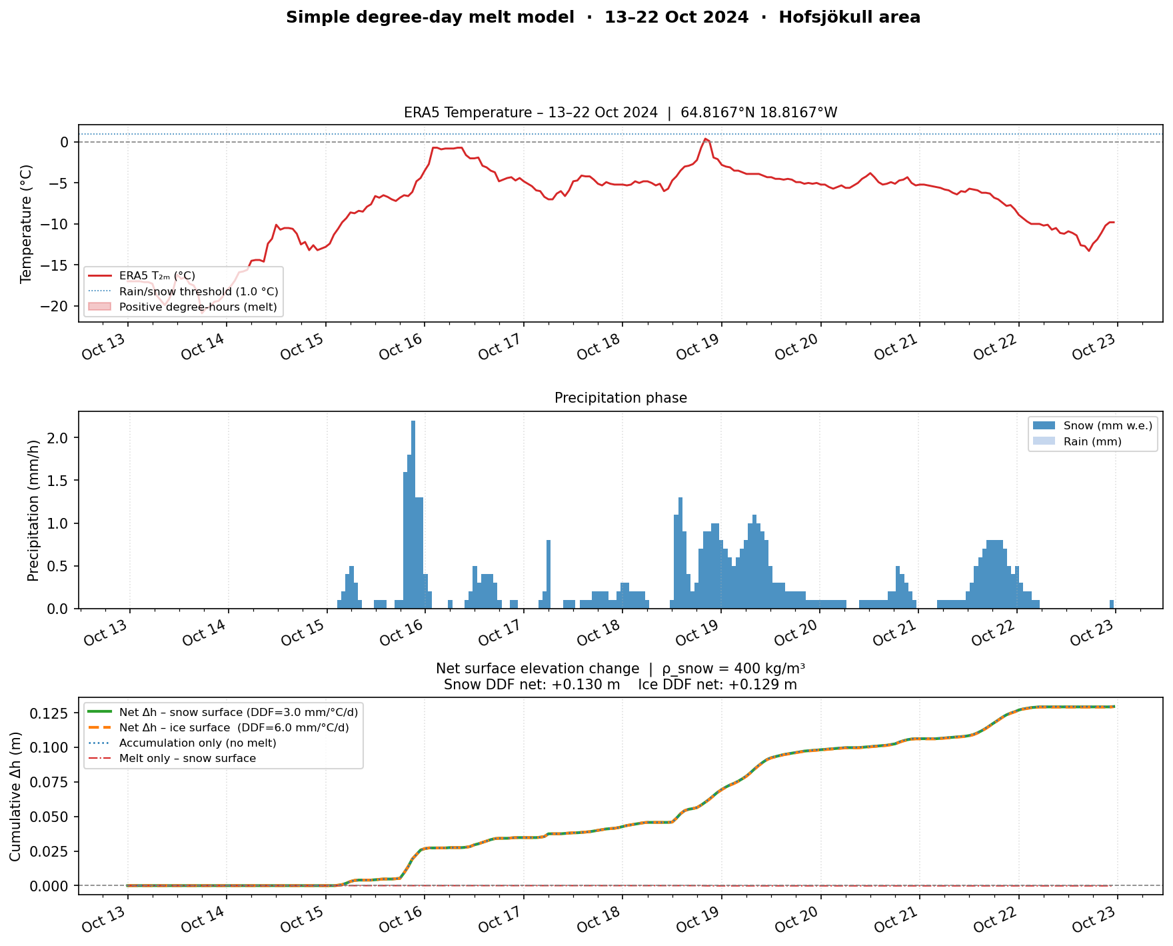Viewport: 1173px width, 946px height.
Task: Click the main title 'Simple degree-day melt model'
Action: point(430,17)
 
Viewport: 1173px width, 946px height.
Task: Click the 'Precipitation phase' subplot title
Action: point(620,398)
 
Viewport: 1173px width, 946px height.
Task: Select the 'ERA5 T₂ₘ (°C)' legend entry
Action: point(157,275)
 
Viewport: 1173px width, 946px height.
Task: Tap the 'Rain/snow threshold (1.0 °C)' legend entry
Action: point(199,291)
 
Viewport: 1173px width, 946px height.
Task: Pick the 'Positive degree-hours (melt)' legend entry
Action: point(198,307)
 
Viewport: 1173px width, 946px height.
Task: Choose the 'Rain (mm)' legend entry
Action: point(1092,441)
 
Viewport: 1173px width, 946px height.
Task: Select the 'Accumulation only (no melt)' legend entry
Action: point(197,743)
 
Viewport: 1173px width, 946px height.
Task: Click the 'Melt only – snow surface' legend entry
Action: point(187,759)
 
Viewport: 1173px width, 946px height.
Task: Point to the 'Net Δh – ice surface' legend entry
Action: point(233,727)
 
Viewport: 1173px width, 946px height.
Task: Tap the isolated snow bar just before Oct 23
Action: point(1112,604)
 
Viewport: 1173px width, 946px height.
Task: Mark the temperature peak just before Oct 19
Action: point(705,139)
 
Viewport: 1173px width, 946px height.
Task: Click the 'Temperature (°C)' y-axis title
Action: point(27,224)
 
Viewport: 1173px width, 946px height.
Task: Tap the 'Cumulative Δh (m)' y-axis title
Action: point(15,797)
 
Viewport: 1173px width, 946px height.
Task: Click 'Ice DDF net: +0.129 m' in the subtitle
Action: point(717,685)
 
